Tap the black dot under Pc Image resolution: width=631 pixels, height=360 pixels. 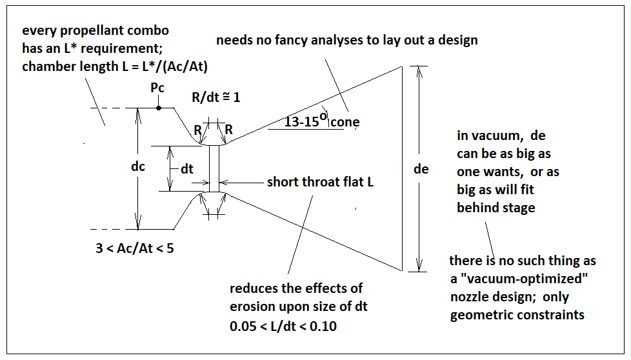point(159,108)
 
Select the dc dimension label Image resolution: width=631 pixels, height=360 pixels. point(138,166)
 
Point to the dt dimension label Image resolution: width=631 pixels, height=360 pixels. point(187,170)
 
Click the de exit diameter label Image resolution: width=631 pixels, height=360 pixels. point(421,169)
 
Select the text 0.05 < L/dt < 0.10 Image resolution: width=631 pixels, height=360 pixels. point(283,326)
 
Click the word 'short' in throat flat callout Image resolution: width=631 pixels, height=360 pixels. point(283,182)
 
